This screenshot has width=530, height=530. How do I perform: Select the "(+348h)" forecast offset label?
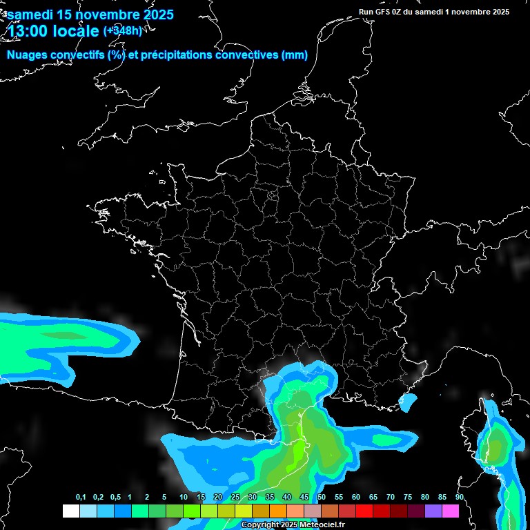tap(123, 30)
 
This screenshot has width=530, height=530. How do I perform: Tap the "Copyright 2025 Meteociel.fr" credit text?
tap(293, 525)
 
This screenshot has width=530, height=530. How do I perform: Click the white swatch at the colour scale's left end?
tap(70, 511)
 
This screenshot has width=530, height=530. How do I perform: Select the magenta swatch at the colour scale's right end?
tap(451, 511)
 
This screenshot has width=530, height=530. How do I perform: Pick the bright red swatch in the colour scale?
tap(364, 511)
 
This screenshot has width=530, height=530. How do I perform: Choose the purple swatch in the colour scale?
tap(433, 511)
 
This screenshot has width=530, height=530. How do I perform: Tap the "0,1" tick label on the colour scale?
tap(81, 498)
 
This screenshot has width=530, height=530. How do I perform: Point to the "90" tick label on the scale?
tap(459, 498)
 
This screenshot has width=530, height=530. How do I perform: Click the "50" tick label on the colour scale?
tap(322, 498)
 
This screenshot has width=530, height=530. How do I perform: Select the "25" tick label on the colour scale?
tap(235, 498)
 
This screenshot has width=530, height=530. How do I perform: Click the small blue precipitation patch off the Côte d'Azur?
tap(409, 400)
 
